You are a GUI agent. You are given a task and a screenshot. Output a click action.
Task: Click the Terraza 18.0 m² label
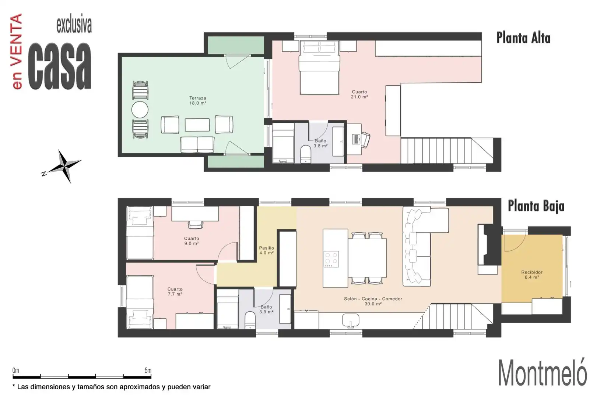coord(198,101)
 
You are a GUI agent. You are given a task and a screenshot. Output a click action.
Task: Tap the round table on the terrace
coord(140,110)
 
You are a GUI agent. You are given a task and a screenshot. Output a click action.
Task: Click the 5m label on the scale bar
coord(148,371)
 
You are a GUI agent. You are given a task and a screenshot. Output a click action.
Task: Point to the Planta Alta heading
coord(523,38)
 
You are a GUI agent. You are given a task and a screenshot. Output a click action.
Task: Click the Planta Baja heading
coord(536,206)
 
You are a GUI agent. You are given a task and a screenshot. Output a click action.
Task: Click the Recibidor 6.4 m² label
coord(532,275)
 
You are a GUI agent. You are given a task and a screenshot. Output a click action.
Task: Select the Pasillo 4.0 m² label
coord(266,250)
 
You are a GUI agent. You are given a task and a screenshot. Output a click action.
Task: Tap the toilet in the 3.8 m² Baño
coord(306,154)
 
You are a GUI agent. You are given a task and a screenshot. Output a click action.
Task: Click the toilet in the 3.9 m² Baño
coord(250,321)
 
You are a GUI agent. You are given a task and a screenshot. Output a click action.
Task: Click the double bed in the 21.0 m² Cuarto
coord(319,68)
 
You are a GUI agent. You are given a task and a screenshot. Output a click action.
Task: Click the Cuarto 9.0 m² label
coord(192,241)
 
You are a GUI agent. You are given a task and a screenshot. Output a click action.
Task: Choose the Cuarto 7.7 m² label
coord(175,292)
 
